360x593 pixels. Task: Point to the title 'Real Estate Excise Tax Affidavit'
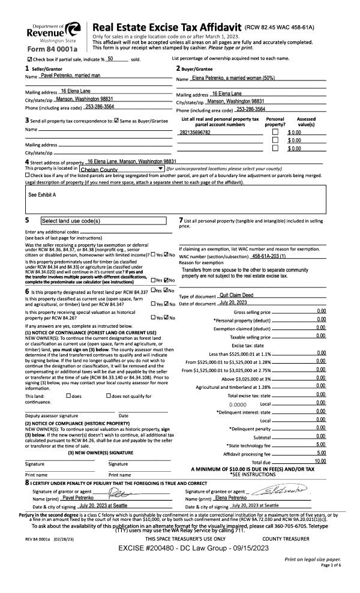pyautogui.click(x=167, y=28)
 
